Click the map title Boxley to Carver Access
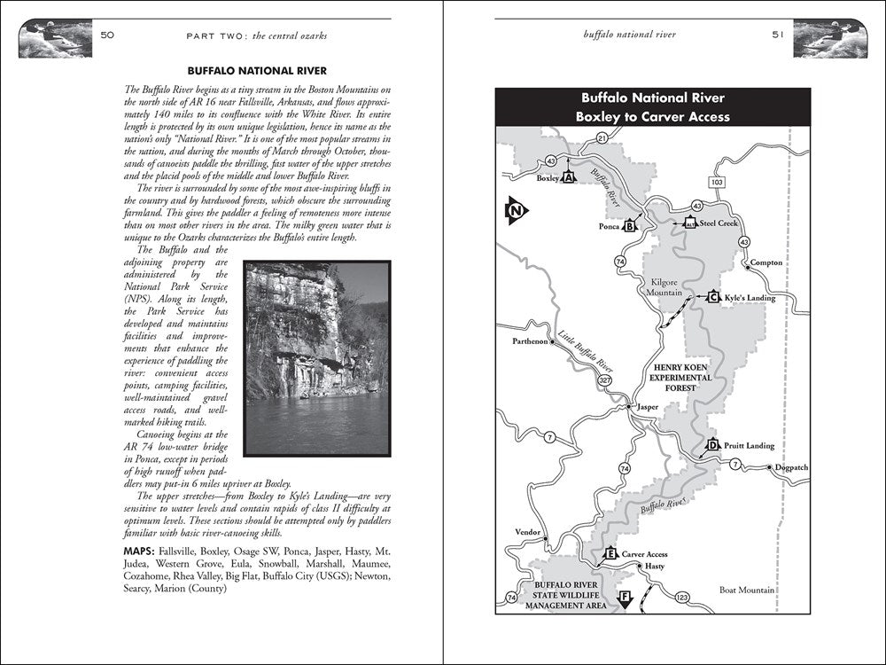coord(652,116)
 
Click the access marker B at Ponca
coord(631,226)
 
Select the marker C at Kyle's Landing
coord(712,298)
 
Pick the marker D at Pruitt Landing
coord(712,446)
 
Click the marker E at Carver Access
coord(610,554)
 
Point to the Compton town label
coord(766,262)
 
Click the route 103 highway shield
coord(716,181)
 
